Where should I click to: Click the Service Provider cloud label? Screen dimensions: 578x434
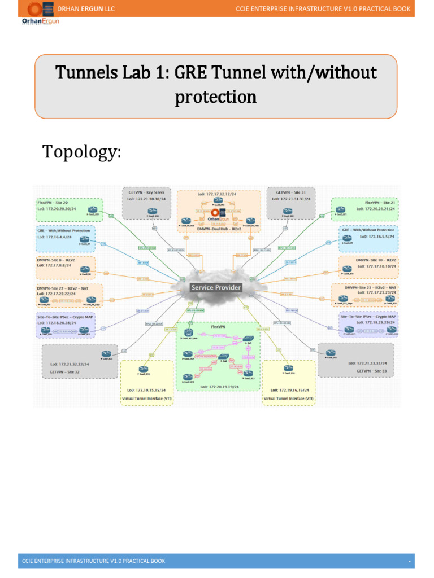pyautogui.click(x=216, y=287)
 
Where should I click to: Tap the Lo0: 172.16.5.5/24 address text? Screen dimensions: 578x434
pyautogui.click(x=376, y=238)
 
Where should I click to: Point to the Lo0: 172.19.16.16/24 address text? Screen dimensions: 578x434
pyautogui.click(x=289, y=390)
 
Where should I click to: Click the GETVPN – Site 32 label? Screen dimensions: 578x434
pyautogui.click(x=66, y=373)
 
